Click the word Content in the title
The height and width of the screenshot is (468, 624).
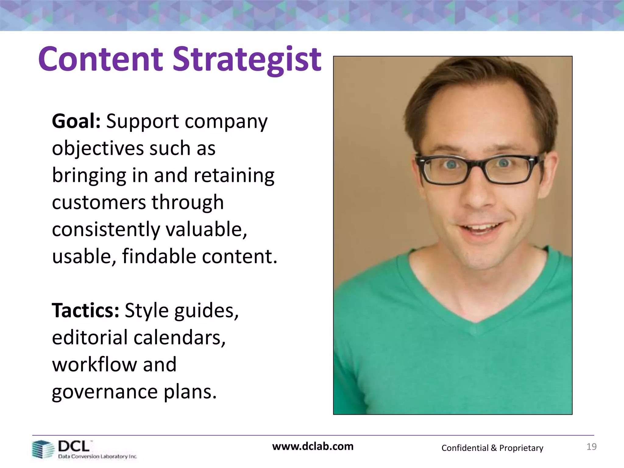point(101,59)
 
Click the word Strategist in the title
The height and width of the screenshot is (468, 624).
point(247,59)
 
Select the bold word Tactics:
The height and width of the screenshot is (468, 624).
point(86,310)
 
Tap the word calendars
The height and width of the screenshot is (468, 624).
point(179,338)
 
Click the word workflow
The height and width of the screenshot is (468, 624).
point(94,364)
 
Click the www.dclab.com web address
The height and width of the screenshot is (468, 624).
point(313,446)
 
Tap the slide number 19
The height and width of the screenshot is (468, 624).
point(591,447)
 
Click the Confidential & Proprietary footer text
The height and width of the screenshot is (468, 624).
point(492,448)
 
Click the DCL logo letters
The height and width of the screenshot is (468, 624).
point(74,446)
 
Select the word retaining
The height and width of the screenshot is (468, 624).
point(234,175)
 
